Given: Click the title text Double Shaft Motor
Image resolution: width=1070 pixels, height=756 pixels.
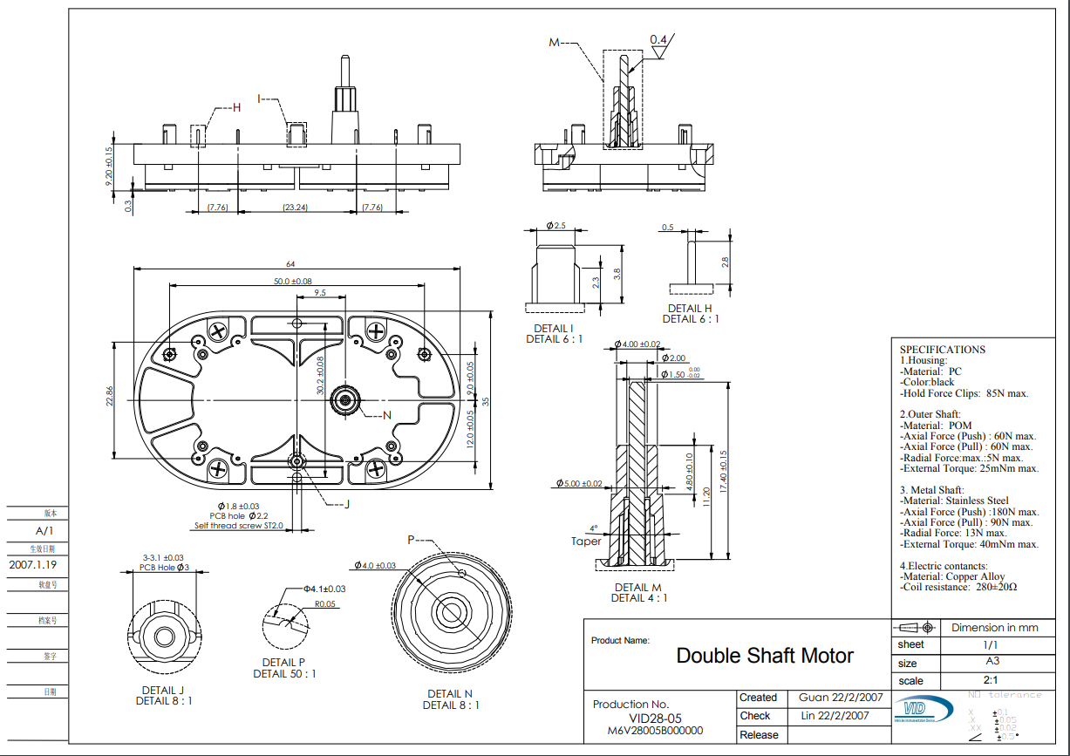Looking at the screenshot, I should point(765,656).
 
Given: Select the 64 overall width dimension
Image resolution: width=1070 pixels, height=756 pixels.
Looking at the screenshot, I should point(290,264).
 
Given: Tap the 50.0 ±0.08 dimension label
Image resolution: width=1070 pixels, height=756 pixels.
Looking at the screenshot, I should point(292,281).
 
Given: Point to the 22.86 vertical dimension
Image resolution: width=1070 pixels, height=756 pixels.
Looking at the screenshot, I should point(111,397).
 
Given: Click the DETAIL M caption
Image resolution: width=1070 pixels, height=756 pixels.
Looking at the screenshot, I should point(637,587).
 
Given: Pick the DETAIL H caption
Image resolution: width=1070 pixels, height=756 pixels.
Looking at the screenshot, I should point(690,308).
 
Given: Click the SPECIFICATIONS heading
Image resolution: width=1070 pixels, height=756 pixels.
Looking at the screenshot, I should point(942,350).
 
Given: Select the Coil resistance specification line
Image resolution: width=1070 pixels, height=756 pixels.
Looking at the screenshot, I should point(958,587).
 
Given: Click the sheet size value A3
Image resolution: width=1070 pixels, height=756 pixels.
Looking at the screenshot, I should point(992,662).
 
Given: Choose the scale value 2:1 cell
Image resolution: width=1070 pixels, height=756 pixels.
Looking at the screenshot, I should point(992,680).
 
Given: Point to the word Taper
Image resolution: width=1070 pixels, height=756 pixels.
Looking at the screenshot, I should point(586,541).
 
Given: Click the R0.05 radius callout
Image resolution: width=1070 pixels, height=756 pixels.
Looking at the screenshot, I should point(326,603).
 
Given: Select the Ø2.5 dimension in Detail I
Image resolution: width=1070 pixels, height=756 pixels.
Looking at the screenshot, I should point(556,226).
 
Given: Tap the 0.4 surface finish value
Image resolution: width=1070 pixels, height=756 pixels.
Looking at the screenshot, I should point(658,40).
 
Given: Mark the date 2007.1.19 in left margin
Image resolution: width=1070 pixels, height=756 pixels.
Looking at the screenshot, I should point(38,565).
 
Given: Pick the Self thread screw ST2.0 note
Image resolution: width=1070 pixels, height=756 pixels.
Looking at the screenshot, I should point(239,526).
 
